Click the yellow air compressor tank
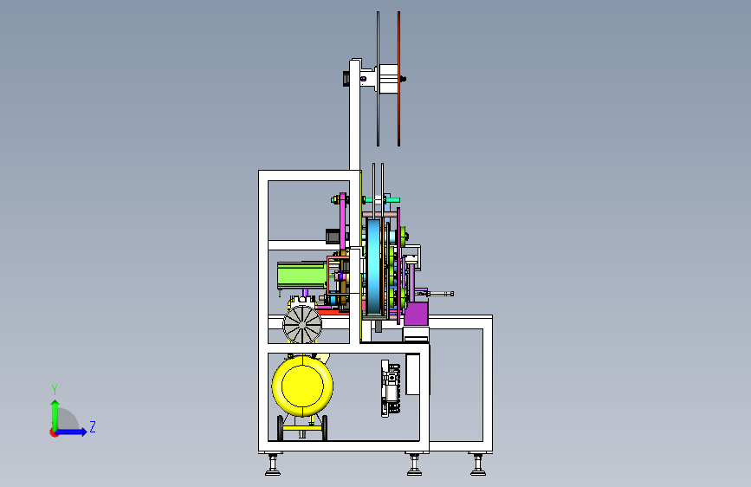point(302,386)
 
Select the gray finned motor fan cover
point(302,324)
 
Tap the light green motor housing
point(301,276)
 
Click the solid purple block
point(416,314)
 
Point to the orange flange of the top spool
point(398,79)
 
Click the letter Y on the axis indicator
point(55,390)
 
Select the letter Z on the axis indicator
point(93,426)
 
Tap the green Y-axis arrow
point(55,415)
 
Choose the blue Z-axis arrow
point(71,432)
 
